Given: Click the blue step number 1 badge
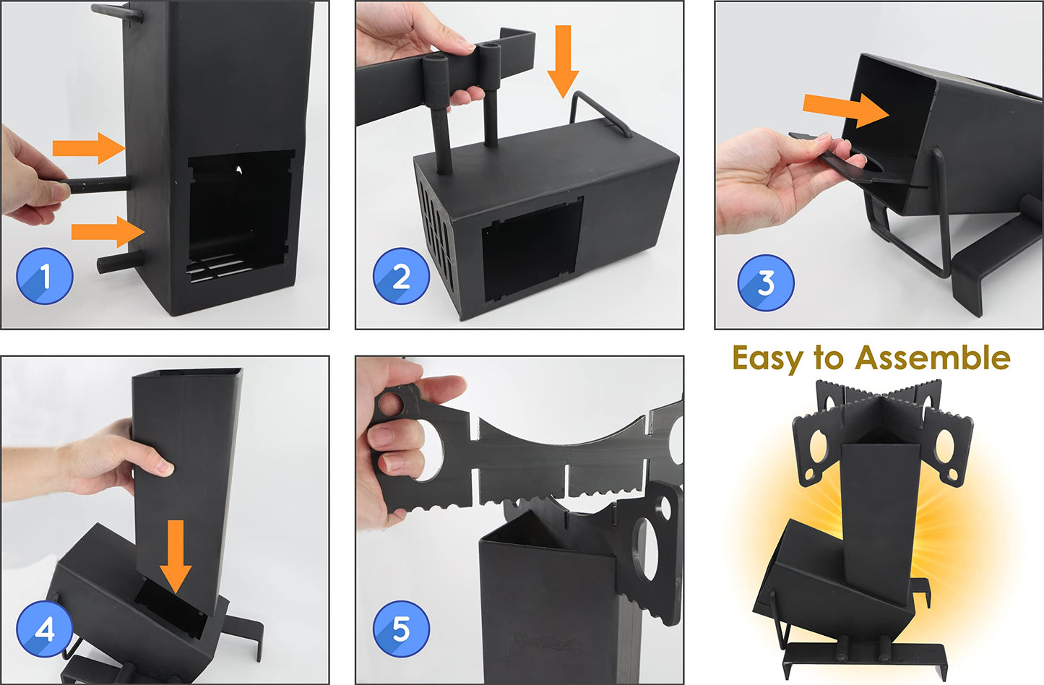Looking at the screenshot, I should [x=45, y=276].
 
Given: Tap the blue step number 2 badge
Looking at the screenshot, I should [x=401, y=276].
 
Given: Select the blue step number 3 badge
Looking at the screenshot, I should [x=766, y=283].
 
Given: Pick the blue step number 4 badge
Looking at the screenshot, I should [x=45, y=629].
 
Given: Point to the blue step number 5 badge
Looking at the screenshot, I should [x=401, y=629].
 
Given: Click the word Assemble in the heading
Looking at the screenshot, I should [x=933, y=358].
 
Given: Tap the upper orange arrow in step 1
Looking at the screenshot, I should [x=89, y=148].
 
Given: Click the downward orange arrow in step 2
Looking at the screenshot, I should [x=563, y=61].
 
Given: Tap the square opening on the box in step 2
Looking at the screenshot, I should [x=531, y=249].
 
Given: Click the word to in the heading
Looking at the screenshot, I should [x=829, y=358].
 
